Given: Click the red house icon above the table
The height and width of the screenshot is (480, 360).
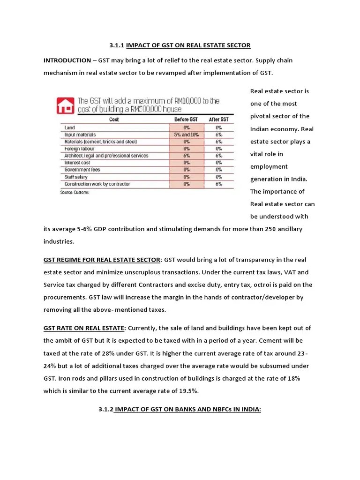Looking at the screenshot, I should click(x=65, y=105).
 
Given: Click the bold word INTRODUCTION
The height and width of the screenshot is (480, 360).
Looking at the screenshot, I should click(x=67, y=60).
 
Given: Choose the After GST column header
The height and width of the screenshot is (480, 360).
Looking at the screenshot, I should click(x=219, y=120).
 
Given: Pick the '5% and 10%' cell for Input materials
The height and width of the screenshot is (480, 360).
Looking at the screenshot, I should click(x=187, y=135).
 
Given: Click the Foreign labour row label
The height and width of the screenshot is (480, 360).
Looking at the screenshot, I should click(x=79, y=149).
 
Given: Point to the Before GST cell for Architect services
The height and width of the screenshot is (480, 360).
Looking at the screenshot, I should click(x=187, y=156).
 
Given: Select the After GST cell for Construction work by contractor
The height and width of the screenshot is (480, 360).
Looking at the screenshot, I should click(x=219, y=184).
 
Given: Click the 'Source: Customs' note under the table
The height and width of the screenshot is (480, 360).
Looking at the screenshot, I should click(x=74, y=192).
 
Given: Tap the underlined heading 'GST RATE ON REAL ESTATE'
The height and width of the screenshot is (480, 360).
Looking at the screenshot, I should click(x=84, y=328).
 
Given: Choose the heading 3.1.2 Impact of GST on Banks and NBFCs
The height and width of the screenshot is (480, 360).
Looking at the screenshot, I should click(x=180, y=409).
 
